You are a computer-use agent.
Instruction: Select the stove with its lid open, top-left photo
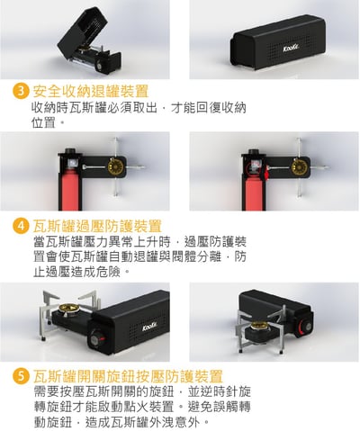pyautogui.click(x=90, y=40)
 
